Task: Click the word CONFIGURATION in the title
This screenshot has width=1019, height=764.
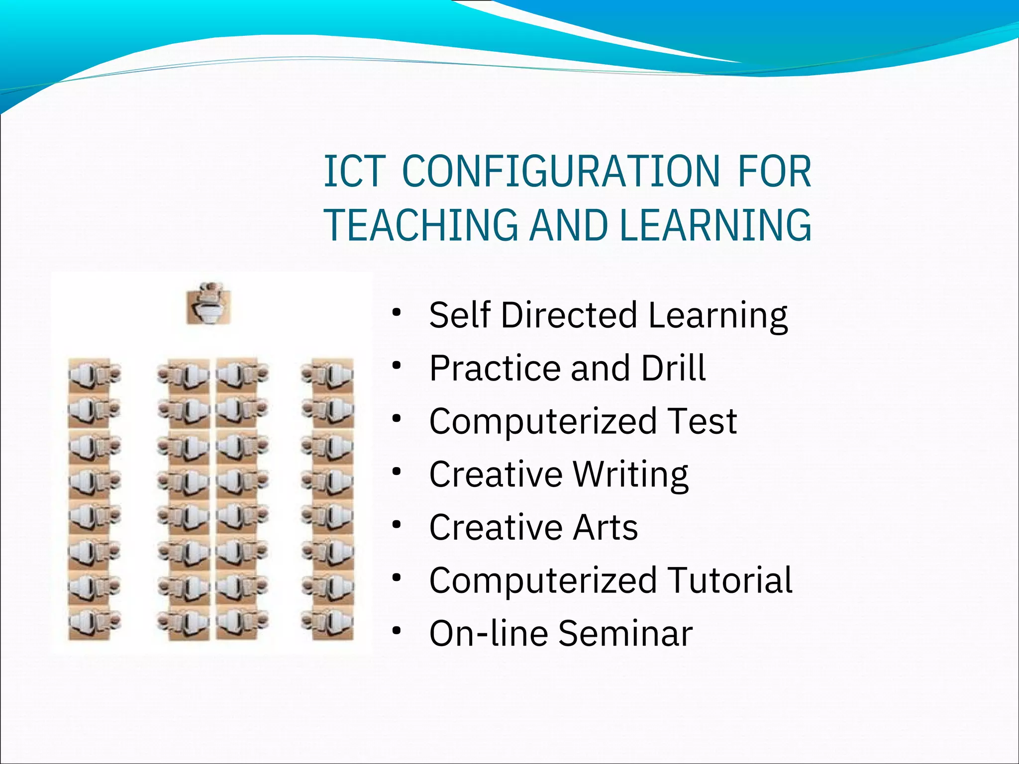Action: click(561, 172)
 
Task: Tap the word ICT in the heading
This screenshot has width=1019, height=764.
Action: click(355, 172)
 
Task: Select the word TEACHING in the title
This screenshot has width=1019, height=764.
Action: click(421, 225)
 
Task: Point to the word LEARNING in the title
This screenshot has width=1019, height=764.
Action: click(715, 225)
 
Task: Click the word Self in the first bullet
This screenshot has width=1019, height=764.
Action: click(459, 315)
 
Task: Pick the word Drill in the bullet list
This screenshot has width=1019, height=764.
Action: click(673, 368)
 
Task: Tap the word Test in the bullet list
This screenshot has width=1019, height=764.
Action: click(702, 421)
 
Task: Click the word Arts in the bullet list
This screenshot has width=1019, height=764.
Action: click(605, 527)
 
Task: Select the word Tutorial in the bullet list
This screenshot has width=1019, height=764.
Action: click(729, 580)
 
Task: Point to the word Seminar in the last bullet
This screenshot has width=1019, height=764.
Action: click(625, 633)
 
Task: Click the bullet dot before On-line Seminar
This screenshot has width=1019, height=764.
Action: click(396, 631)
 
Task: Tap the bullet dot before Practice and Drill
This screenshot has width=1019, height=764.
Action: click(396, 366)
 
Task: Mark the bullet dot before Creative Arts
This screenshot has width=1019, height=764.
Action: click(396, 525)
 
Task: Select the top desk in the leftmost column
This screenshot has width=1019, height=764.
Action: click(94, 375)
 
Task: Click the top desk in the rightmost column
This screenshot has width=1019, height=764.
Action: click(327, 375)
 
